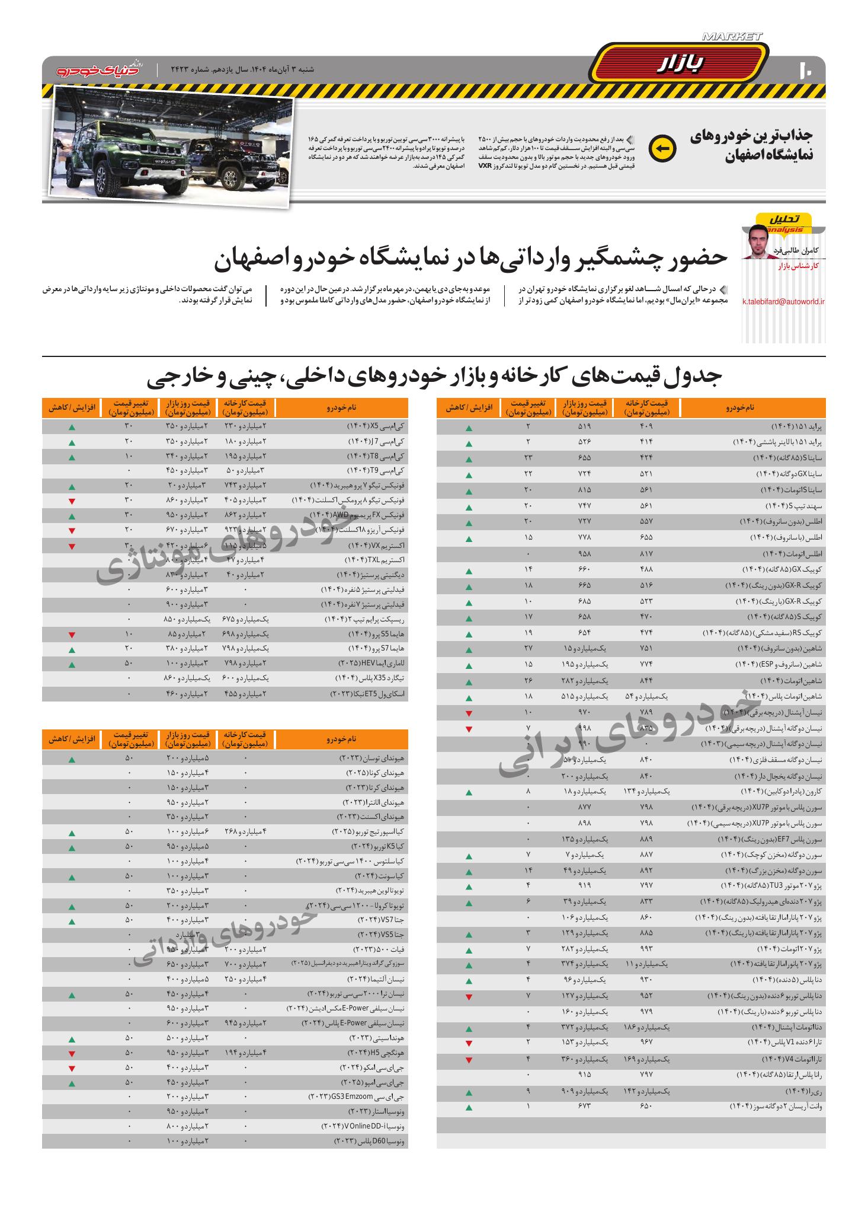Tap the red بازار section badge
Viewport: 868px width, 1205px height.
pyautogui.click(x=680, y=63)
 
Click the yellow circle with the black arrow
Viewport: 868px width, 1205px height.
pyautogui.click(x=662, y=149)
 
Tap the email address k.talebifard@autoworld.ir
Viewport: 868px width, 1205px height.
pyautogui.click(x=783, y=302)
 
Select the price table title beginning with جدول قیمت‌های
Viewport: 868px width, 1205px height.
pyautogui.click(x=434, y=377)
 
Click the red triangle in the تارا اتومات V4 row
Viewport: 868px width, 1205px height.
pyautogui.click(x=469, y=1060)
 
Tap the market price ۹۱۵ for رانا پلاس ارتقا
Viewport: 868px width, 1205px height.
pyautogui.click(x=584, y=1075)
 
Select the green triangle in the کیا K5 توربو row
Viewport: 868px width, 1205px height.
pyautogui.click(x=72, y=849)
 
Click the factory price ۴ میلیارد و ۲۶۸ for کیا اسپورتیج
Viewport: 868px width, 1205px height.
pyautogui.click(x=245, y=831)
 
